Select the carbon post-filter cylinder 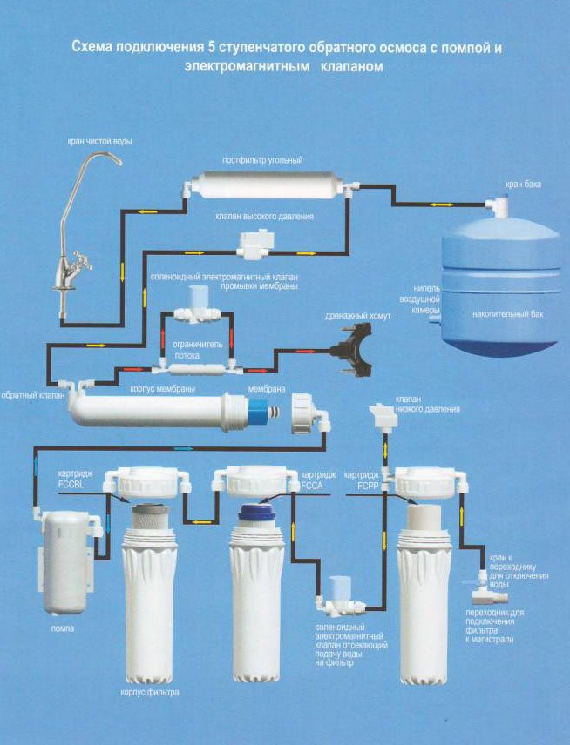point(267,185)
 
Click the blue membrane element point(258,408)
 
